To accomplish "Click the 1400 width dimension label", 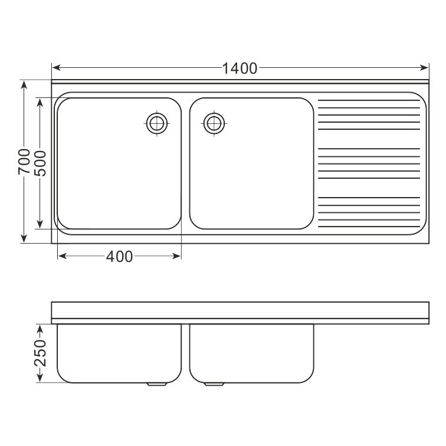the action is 240,68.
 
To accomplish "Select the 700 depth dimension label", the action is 24,162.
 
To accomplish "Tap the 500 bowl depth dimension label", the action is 40,163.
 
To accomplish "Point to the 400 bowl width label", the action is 119,256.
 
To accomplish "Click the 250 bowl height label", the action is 40,353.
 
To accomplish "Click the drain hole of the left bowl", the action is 157,123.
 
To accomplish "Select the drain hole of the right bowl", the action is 214,123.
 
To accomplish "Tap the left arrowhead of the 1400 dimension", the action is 56,68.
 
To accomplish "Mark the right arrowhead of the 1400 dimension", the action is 424,68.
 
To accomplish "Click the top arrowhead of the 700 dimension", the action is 24,85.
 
